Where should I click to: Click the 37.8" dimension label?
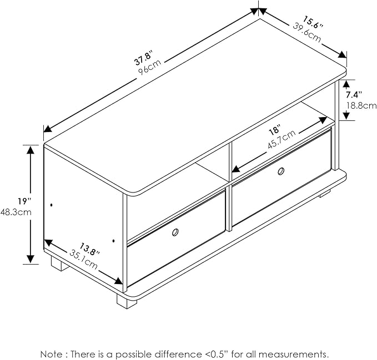[144, 58]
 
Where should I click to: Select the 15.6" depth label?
[313, 22]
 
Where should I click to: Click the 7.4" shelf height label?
[354, 95]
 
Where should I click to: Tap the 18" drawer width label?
[275, 130]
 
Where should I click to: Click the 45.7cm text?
[282, 140]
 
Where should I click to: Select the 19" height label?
[23, 201]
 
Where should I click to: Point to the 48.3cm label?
[16, 212]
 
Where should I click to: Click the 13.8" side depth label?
[90, 250]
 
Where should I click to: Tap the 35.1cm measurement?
[83, 260]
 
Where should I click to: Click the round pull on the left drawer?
[175, 232]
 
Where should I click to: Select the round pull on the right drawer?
[280, 171]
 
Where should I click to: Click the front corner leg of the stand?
[127, 301]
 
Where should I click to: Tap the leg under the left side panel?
[59, 263]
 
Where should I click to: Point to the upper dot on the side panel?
[52, 205]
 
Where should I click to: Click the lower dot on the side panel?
[113, 240]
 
